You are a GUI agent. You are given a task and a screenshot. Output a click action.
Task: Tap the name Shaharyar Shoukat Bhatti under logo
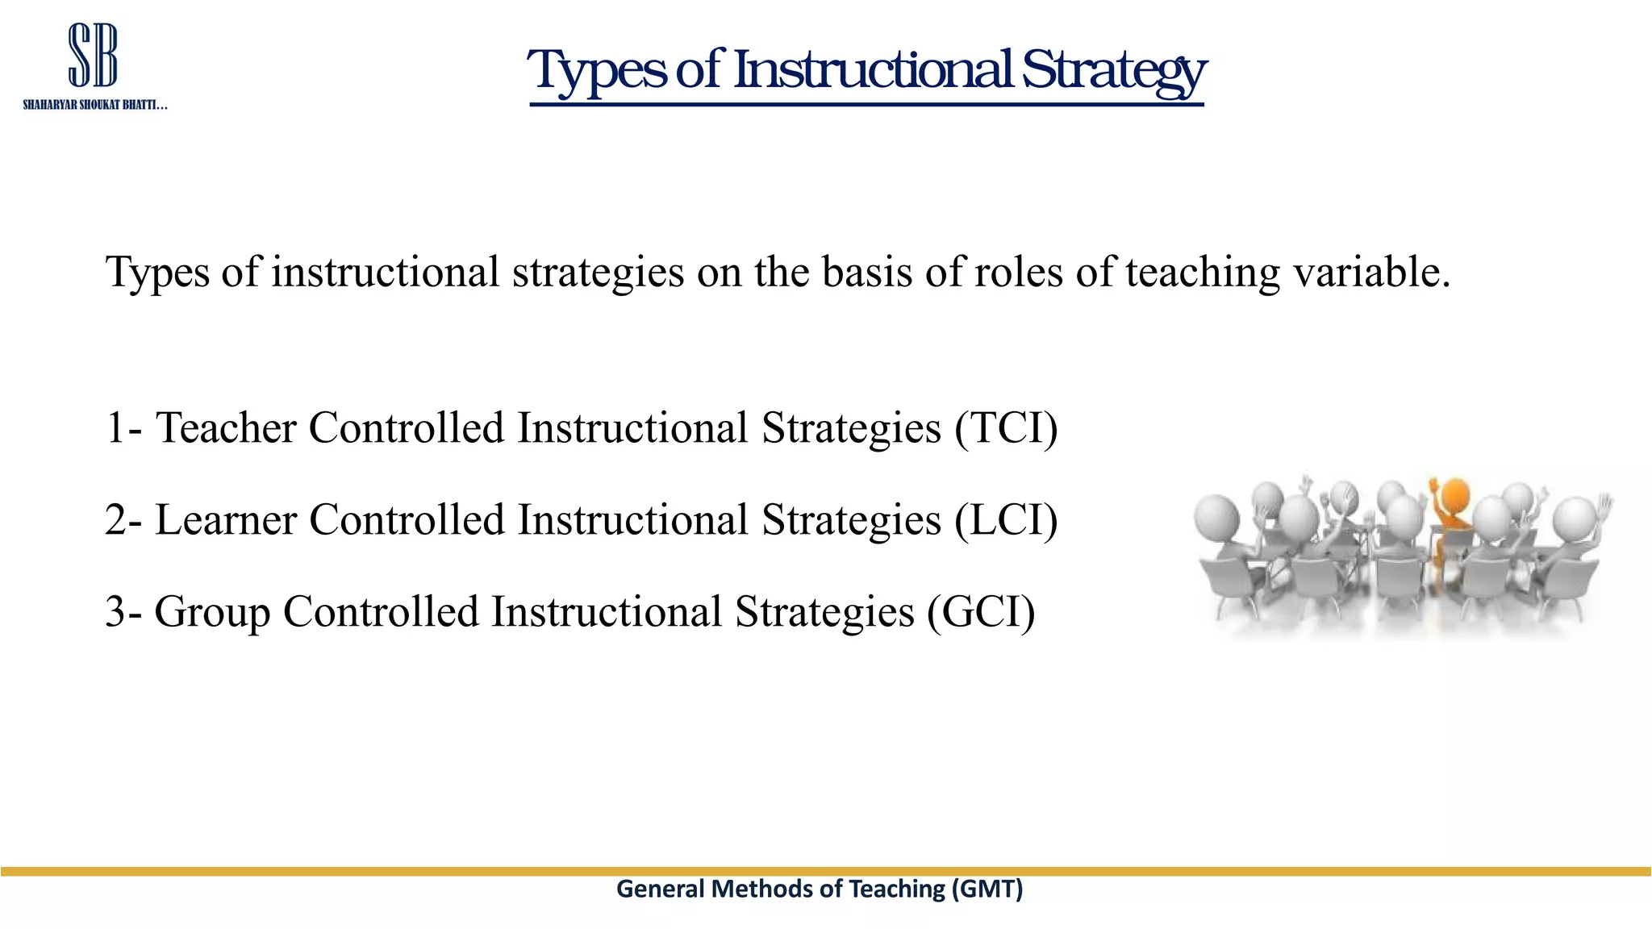click(x=94, y=106)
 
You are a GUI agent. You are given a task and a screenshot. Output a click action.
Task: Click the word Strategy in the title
click(x=1113, y=71)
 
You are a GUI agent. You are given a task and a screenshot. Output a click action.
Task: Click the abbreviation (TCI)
click(x=1006, y=427)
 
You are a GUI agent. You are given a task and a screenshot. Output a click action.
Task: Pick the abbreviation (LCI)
click(x=1006, y=519)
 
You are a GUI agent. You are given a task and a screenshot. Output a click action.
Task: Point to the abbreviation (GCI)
click(x=980, y=611)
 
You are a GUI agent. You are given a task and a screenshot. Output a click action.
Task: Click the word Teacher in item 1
click(x=226, y=427)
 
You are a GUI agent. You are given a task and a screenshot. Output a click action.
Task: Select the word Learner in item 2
click(x=226, y=519)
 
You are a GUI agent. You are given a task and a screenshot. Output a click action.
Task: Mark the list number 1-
click(x=123, y=427)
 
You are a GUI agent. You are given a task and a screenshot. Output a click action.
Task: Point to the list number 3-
click(x=123, y=611)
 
